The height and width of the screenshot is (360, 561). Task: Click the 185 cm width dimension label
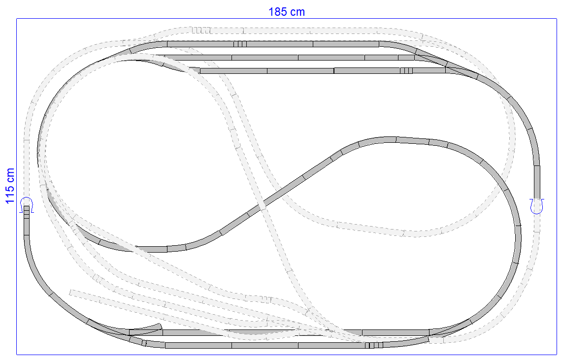(287, 12)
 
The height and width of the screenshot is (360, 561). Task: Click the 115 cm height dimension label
(10, 186)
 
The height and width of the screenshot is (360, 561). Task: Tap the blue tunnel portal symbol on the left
(27, 204)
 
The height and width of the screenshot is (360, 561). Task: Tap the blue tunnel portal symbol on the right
(537, 206)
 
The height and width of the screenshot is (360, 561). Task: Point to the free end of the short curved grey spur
(161, 326)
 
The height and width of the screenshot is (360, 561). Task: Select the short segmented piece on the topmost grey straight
(240, 44)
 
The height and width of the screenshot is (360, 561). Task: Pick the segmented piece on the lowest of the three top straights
(406, 70)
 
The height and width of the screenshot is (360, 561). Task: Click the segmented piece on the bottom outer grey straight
(374, 345)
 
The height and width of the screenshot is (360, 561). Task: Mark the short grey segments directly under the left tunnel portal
(27, 212)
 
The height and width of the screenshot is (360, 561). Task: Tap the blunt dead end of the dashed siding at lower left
(71, 293)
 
